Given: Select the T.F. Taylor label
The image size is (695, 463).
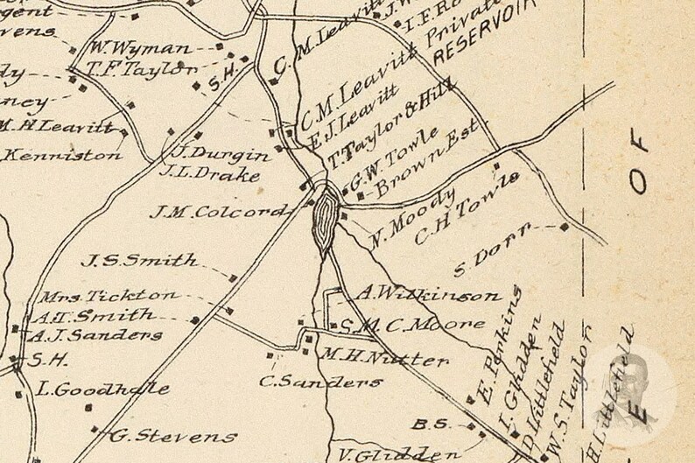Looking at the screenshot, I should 142,69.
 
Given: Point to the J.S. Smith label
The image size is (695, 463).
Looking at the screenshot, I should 139,260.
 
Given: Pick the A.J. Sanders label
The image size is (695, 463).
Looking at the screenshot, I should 95,335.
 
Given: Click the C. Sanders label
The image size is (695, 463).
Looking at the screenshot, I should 320,382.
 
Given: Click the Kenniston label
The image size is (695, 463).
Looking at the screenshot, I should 62,156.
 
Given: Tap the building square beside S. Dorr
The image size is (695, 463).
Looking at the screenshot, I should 564,228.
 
